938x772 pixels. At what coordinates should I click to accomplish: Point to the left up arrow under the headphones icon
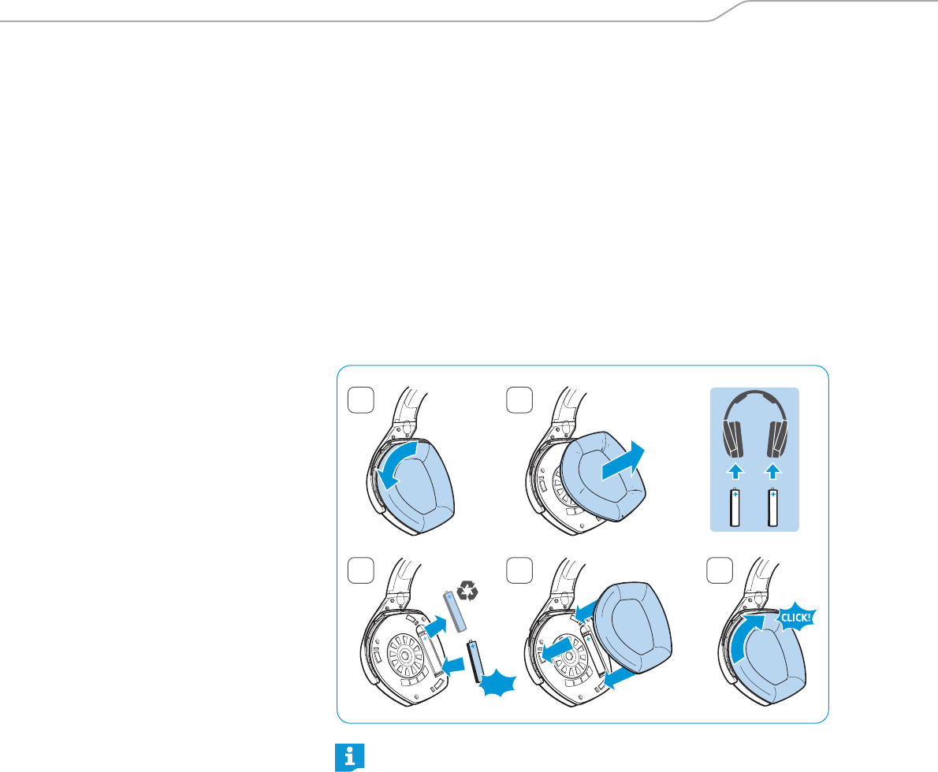pos(735,472)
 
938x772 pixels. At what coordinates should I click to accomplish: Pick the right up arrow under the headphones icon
pos(774,472)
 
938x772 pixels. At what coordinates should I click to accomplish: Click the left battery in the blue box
pos(735,507)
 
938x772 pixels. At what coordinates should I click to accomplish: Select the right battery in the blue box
pos(774,507)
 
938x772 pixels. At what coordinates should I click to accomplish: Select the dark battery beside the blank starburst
pos(476,660)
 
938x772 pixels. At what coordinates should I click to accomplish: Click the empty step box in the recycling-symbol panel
pos(359,569)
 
